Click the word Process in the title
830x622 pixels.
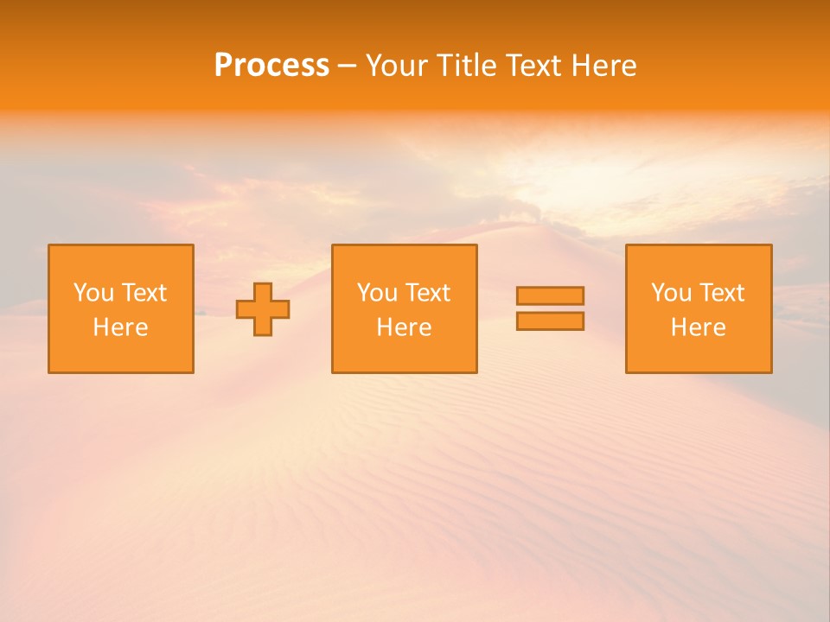pyautogui.click(x=271, y=66)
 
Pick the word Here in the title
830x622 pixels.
pyautogui.click(x=606, y=66)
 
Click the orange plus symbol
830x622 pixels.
pyautogui.click(x=263, y=309)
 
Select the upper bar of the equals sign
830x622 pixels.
pyautogui.click(x=550, y=295)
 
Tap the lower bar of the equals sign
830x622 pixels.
pyautogui.click(x=550, y=321)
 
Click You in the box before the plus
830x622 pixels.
pyautogui.click(x=93, y=293)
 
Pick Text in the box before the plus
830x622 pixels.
pyautogui.click(x=144, y=293)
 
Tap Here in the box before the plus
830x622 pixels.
pyautogui.click(x=120, y=327)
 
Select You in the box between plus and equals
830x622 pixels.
pyautogui.click(x=376, y=293)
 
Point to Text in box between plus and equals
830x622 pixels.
pyautogui.click(x=427, y=293)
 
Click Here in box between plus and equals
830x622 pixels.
pyautogui.click(x=404, y=327)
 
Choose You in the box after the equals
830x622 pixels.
pyautogui.click(x=670, y=293)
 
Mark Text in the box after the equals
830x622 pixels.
pyautogui.click(x=721, y=293)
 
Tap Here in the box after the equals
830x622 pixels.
pyautogui.click(x=698, y=327)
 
